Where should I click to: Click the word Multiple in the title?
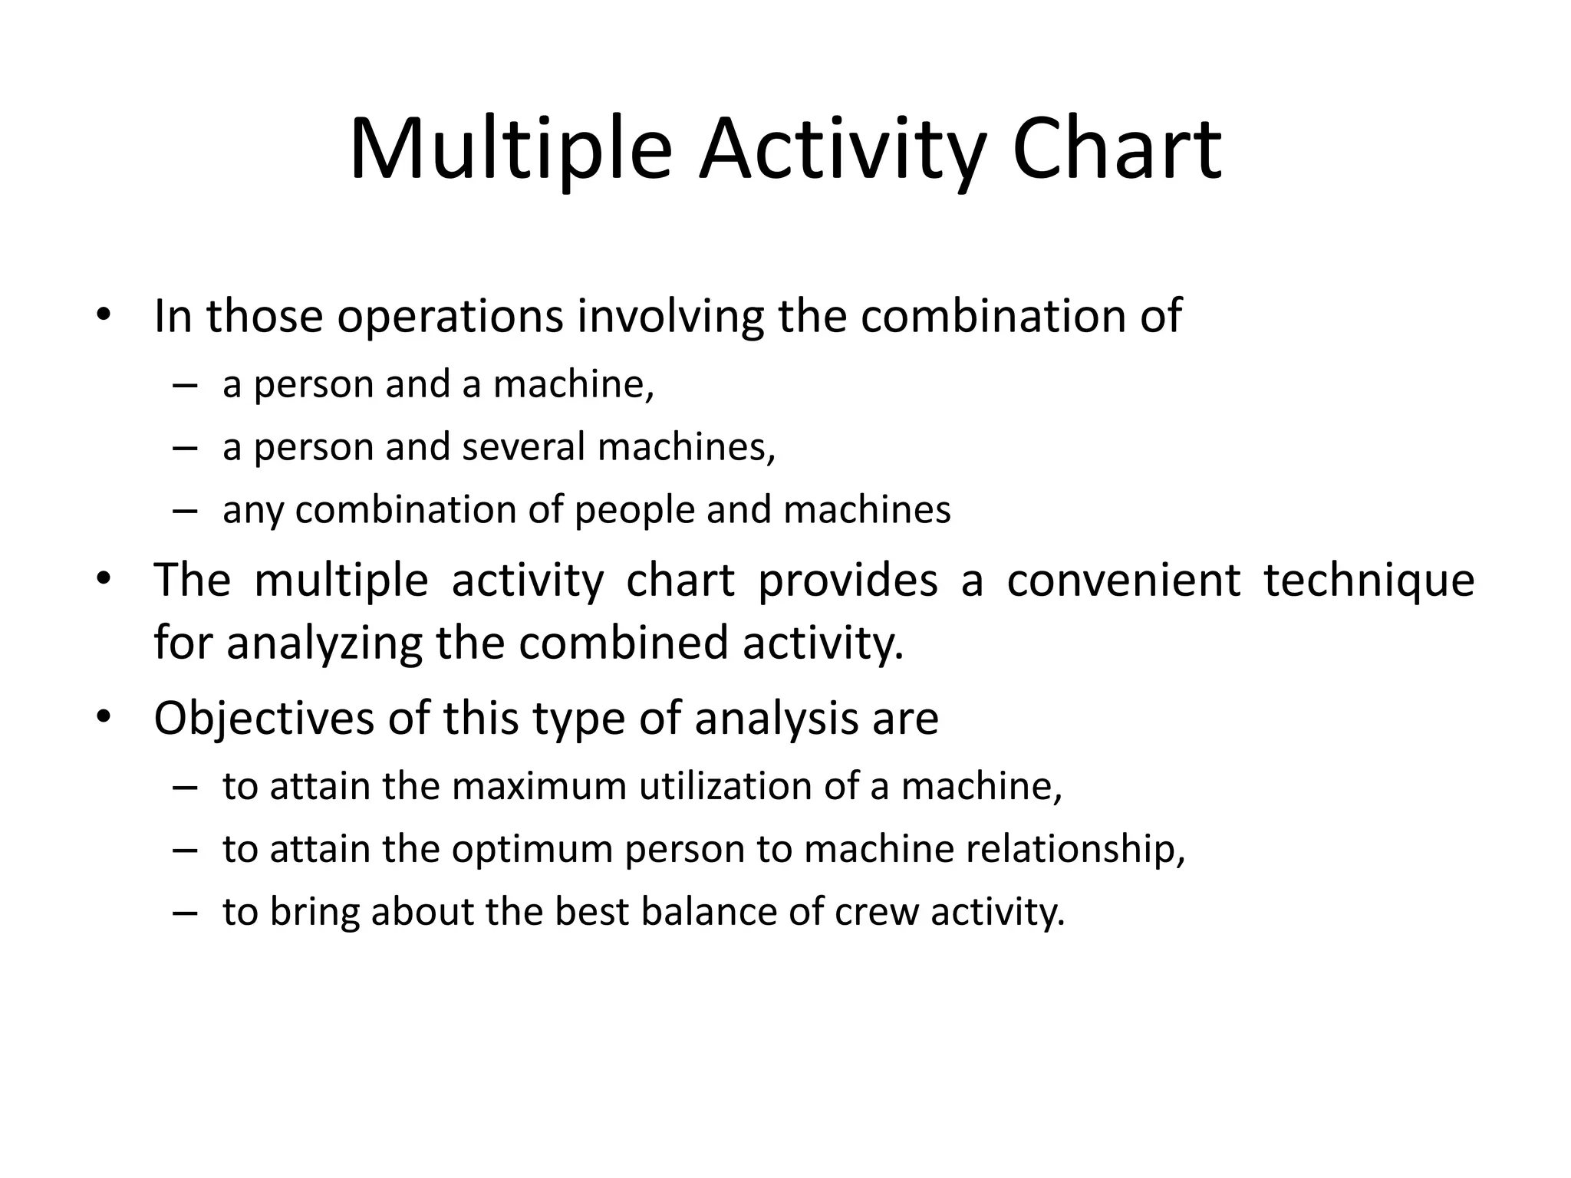coord(510,150)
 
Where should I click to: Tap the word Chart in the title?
coord(1116,150)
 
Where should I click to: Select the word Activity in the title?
coord(841,150)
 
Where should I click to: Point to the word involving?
coord(670,318)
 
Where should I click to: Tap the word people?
coord(634,511)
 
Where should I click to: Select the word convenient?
coord(1123,580)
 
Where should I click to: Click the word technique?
coord(1368,581)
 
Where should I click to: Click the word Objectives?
coord(265,719)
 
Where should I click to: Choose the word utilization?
coord(726,788)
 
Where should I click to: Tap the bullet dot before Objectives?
coord(104,718)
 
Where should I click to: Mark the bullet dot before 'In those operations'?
coord(104,315)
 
